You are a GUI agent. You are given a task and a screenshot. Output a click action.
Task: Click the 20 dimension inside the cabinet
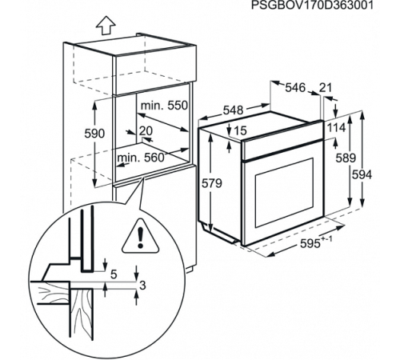click(x=146, y=131)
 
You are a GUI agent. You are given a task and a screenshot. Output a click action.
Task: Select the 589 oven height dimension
click(x=345, y=158)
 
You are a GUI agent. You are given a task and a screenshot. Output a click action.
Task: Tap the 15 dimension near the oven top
click(x=241, y=130)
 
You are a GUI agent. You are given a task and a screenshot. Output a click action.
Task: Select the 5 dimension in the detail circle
click(x=113, y=274)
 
